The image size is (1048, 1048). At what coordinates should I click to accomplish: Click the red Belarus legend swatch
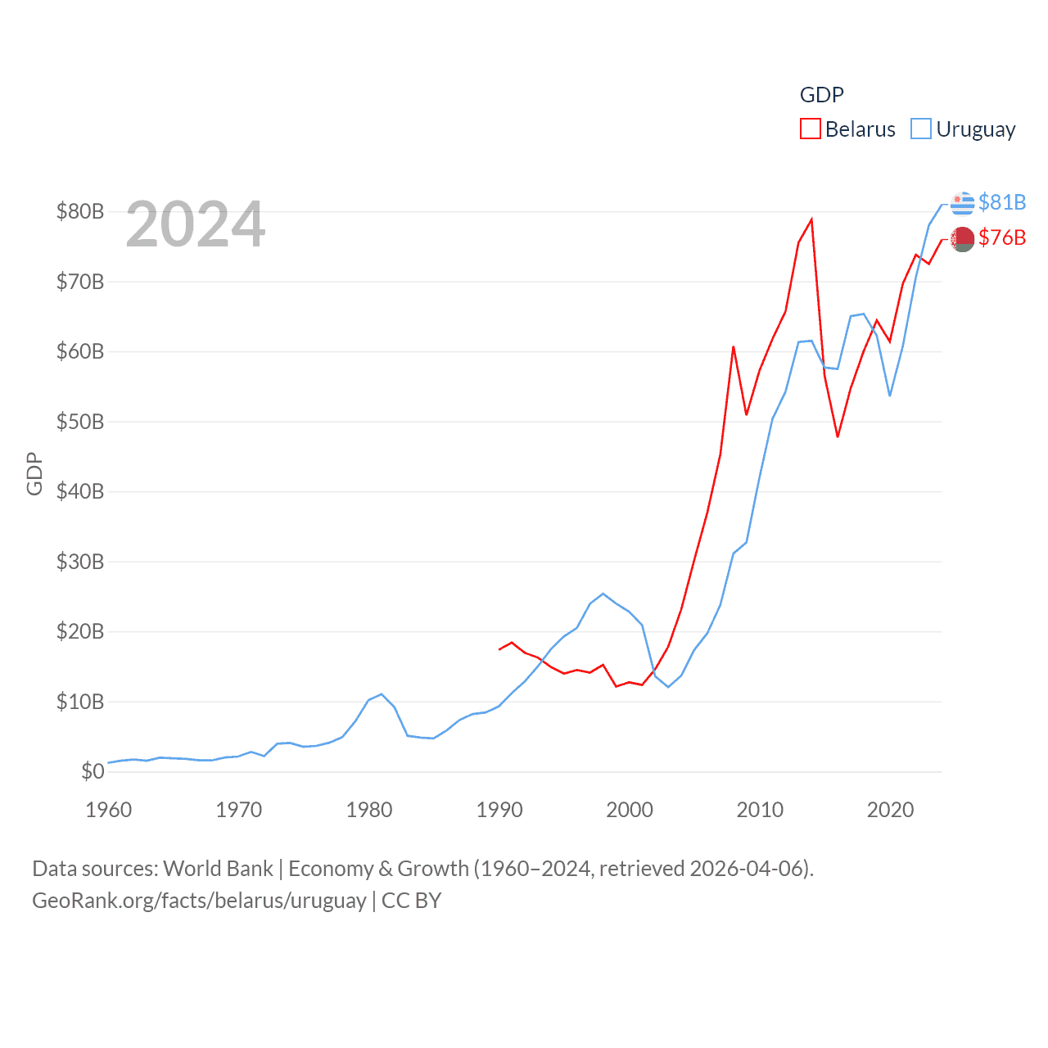(810, 129)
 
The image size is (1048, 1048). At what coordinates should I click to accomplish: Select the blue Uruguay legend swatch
(921, 129)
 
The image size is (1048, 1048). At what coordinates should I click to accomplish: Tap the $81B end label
(1002, 202)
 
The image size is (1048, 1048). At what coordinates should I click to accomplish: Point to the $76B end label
(1002, 237)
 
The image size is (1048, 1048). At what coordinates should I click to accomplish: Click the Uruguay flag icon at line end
(963, 202)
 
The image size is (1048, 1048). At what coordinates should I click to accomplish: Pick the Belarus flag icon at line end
(963, 239)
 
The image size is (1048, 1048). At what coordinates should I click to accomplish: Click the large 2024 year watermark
(196, 224)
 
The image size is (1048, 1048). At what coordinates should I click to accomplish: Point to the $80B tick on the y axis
(80, 211)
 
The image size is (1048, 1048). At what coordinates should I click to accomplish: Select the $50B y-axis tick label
(80, 422)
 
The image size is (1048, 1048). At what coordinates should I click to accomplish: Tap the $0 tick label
(93, 771)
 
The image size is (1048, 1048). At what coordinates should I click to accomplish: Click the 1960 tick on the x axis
(109, 810)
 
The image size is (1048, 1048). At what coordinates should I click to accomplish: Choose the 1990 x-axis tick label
(499, 810)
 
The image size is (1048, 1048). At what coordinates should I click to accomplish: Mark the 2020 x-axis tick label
(890, 810)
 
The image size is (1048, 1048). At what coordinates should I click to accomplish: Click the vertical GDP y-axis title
(34, 473)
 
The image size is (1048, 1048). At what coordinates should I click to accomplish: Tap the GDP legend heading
(821, 95)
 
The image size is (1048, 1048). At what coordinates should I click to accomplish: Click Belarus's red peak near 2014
(811, 219)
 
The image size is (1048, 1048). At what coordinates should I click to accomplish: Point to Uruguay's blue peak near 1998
(603, 594)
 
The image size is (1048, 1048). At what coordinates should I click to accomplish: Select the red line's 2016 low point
(838, 436)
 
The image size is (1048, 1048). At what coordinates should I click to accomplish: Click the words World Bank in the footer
(219, 868)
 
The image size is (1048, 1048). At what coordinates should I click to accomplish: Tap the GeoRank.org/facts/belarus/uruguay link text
(199, 901)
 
